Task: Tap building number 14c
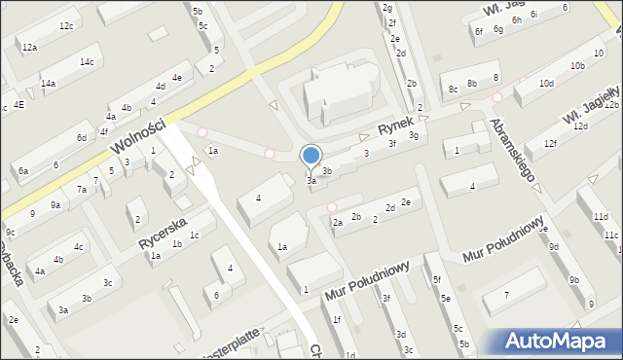pyautogui.click(x=87, y=62)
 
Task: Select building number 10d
pyautogui.click(x=547, y=84)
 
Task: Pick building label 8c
pyautogui.click(x=453, y=90)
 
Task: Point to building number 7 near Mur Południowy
pyautogui.click(x=505, y=296)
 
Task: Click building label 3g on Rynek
pyautogui.click(x=414, y=135)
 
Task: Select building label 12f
pyautogui.click(x=551, y=144)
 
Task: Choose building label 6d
pyautogui.click(x=82, y=138)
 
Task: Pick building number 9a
pyautogui.click(x=55, y=204)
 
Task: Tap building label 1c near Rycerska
pyautogui.click(x=195, y=234)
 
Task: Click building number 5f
pyautogui.click(x=436, y=280)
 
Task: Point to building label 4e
pyautogui.click(x=176, y=77)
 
